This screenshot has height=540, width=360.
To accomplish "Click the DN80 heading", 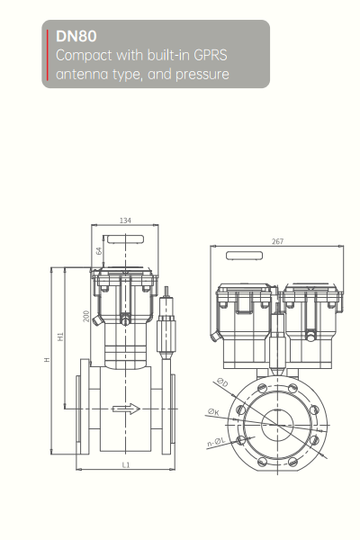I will [76, 38].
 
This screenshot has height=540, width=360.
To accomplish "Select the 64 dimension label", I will [100, 252].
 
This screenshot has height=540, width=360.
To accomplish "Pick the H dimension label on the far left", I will [47, 359].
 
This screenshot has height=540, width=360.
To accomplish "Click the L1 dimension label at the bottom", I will [126, 464].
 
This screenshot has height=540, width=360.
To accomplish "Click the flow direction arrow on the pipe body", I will [126, 410].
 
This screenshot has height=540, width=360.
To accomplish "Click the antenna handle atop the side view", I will [126, 239].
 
